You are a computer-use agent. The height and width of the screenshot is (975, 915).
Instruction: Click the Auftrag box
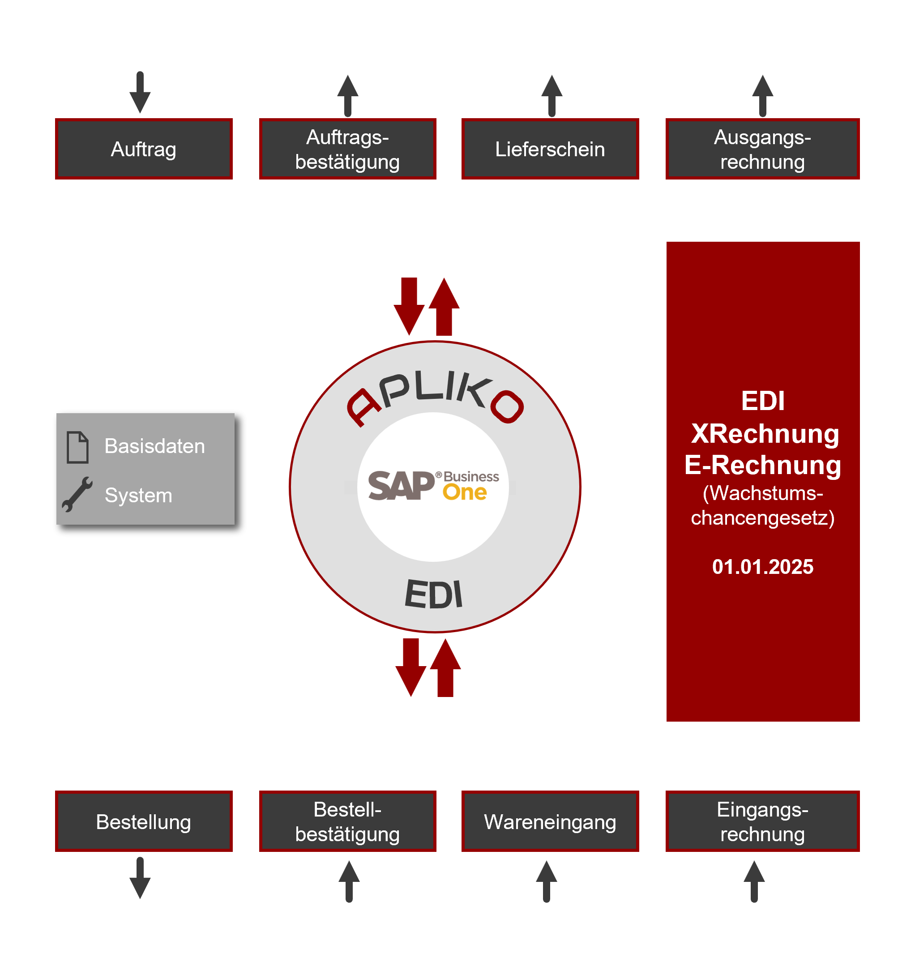click(144, 149)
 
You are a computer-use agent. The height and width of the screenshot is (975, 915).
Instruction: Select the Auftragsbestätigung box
click(348, 149)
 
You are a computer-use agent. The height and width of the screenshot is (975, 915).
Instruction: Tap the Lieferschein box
click(550, 149)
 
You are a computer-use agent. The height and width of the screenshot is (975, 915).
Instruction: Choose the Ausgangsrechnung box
click(762, 149)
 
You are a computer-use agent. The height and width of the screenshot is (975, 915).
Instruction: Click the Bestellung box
click(144, 821)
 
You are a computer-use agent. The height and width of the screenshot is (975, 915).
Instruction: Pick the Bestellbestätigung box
click(348, 821)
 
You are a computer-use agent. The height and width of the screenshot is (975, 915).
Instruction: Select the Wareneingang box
click(550, 821)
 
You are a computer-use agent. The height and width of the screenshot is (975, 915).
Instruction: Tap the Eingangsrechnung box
click(762, 821)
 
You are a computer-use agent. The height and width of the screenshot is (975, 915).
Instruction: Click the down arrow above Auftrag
click(140, 93)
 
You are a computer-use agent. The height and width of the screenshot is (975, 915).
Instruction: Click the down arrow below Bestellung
click(140, 878)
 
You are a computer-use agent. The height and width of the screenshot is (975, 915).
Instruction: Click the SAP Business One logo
click(433, 486)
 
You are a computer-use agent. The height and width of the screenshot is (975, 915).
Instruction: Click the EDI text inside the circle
click(433, 594)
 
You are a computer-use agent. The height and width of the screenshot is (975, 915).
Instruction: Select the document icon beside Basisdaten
click(77, 447)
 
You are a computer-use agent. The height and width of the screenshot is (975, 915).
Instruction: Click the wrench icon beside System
click(77, 494)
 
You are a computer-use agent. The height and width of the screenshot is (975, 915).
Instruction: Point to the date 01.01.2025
click(762, 567)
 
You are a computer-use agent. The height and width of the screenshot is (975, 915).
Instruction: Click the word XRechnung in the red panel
click(765, 433)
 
